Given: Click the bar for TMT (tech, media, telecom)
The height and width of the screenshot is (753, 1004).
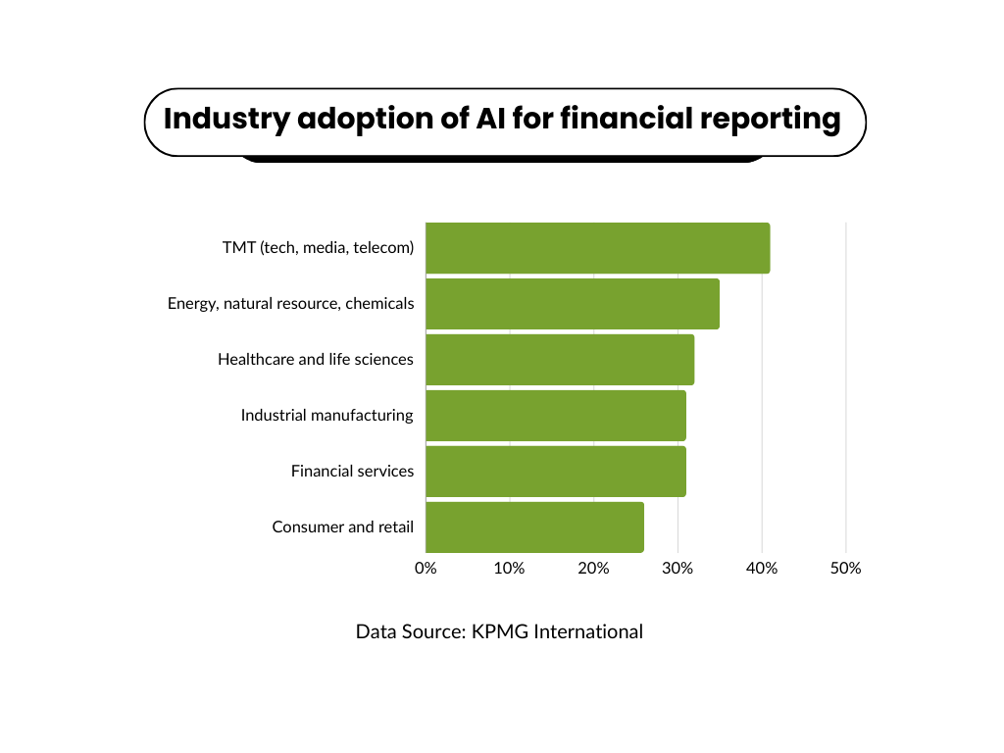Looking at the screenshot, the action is coord(598,248).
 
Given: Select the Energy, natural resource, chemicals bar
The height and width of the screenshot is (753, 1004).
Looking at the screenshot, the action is coord(573,304).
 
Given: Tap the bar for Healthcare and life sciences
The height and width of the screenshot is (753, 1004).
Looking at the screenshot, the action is coord(560,360).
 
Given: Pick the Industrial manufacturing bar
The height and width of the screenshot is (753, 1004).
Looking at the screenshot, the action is coord(556,416).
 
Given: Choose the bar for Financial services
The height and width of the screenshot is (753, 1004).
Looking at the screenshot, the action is coord(556,472).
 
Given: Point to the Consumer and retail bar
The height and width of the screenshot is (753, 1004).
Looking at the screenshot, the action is coord(534,527).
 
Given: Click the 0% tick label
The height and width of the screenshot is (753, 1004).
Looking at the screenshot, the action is coord(426,568).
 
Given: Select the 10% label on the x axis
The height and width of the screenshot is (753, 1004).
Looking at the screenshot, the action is coord(509,568).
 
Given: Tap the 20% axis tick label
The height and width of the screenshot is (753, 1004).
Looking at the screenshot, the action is coord(593,568).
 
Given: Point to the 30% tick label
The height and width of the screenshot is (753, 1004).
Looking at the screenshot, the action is coord(678,568).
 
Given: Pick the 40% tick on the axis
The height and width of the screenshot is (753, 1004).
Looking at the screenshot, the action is coord(762,568).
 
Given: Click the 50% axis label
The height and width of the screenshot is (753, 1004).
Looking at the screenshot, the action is coord(846,568).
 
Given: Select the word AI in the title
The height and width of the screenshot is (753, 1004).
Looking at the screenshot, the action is coord(490,119).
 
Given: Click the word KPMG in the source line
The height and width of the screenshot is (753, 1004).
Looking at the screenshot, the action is coord(500,632).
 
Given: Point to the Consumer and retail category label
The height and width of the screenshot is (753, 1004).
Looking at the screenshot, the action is coord(342,527).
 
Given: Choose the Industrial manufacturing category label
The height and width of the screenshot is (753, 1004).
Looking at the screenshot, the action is coord(327,416).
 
